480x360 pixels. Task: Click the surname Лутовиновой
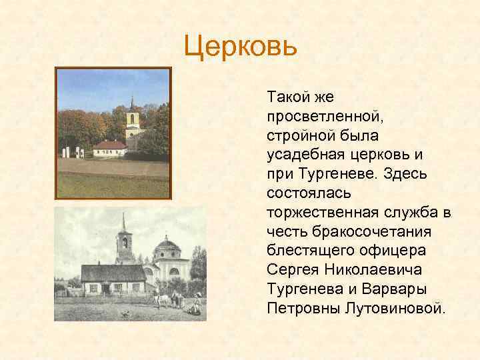click(392, 309)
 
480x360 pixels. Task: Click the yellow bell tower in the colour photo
click(133, 123)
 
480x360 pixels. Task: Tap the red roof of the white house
click(109, 145)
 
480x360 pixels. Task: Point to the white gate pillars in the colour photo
click(73, 152)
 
